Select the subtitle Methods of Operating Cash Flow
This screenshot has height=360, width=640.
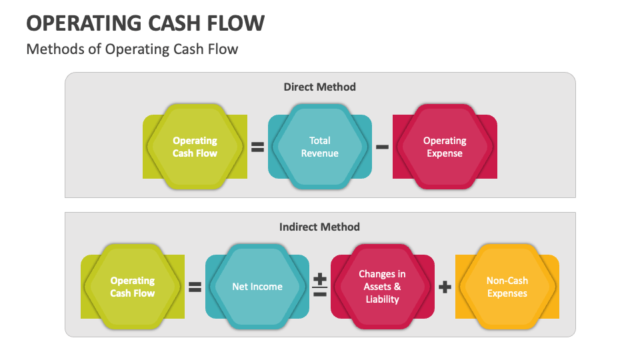coord(132,49)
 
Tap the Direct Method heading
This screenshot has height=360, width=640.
coord(319,87)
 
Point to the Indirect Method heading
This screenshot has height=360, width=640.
coord(319,227)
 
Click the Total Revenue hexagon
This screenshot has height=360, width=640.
coord(320,147)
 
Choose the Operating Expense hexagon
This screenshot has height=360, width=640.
coord(445,147)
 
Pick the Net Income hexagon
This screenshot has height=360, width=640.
coord(257,287)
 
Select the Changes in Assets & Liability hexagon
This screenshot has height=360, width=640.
coord(382,287)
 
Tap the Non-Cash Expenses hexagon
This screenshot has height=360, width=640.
coord(507,287)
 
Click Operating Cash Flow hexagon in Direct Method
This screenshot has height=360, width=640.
coord(195,147)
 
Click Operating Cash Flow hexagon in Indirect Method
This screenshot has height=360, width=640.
coord(133,287)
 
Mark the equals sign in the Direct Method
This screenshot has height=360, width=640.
coord(257,147)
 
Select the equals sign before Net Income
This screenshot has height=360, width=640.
coord(195,287)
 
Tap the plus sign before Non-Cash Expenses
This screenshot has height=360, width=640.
coord(445,287)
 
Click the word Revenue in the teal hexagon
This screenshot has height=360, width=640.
coord(320,153)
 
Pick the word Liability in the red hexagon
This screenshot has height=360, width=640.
coord(382,299)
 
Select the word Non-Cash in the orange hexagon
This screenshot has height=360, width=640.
coord(507,281)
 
